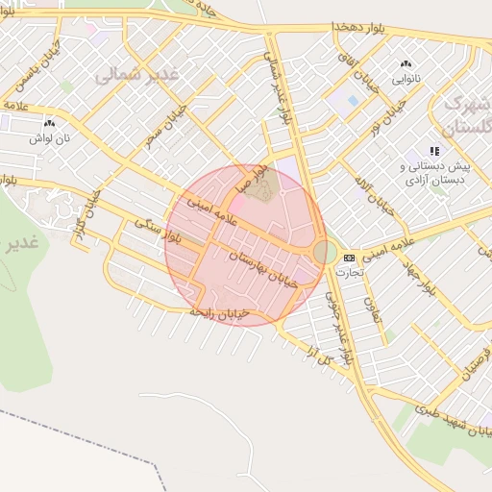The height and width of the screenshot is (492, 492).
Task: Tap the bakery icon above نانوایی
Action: point(405,65)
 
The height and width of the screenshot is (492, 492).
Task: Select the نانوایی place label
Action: point(405,79)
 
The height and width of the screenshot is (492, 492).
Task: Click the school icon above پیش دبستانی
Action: point(434,151)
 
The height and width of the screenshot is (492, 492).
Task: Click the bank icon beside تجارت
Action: point(348,258)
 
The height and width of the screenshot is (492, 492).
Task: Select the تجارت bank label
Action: point(348,272)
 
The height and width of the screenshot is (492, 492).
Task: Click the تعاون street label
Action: point(371,308)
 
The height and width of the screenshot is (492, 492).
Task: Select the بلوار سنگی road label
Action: point(159,230)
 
